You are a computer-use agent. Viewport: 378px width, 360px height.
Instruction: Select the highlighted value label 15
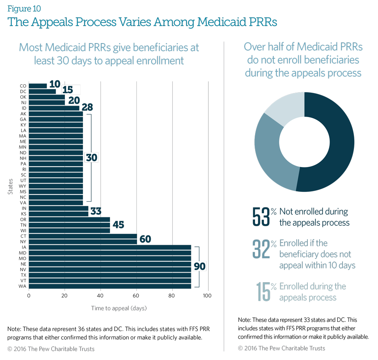coord(71,90)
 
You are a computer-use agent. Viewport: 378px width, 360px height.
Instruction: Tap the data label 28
coord(87,108)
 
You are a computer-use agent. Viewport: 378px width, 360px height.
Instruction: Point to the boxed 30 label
coord(92,157)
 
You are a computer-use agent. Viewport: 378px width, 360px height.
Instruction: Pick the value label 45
coord(118,225)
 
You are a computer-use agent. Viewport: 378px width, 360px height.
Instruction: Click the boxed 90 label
coord(200,266)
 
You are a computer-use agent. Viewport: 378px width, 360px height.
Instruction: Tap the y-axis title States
coord(10,186)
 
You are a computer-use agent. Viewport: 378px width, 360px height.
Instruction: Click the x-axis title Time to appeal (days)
coord(119,308)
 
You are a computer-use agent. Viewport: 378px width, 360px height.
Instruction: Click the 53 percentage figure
coord(262,217)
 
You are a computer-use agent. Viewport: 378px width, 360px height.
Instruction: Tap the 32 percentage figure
coord(262,249)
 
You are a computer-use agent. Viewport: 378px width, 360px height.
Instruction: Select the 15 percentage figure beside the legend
coord(265,292)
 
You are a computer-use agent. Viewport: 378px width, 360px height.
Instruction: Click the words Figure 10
coord(24,9)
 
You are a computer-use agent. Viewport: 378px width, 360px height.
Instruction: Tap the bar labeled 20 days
coord(47,102)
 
